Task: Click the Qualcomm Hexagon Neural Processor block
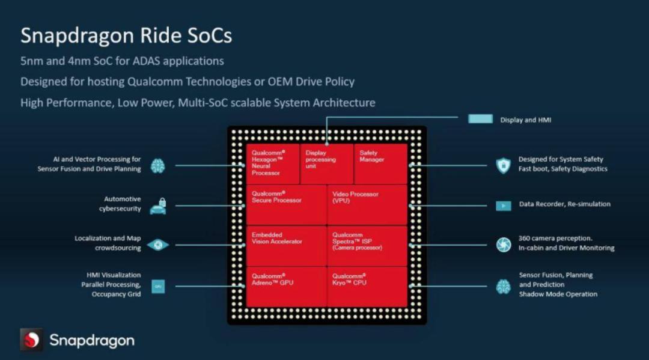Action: pyautogui.click(x=272, y=163)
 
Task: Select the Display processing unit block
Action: pyautogui.click(x=326, y=163)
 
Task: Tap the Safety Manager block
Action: pyautogui.click(x=380, y=163)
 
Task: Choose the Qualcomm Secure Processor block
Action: pyautogui.click(x=286, y=204)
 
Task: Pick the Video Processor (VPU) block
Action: pyautogui.click(x=367, y=204)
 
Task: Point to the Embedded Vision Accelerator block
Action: pyautogui.click(x=286, y=245)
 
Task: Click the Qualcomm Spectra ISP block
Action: pyautogui.click(x=367, y=245)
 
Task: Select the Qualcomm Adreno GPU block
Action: pyautogui.click(x=286, y=287)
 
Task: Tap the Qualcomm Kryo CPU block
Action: pyautogui.click(x=367, y=287)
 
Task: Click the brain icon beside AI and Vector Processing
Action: pyautogui.click(x=157, y=165)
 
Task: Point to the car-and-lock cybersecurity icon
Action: pyautogui.click(x=157, y=206)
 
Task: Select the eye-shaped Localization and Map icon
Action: pyautogui.click(x=157, y=245)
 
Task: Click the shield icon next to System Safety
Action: pyautogui.click(x=503, y=165)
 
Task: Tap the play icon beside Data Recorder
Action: pyautogui.click(x=503, y=206)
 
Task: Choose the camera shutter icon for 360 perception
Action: pyautogui.click(x=503, y=245)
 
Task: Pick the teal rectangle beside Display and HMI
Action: pyautogui.click(x=480, y=119)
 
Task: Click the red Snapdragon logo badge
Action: pyautogui.click(x=31, y=340)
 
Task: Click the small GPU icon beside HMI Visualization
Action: pyautogui.click(x=158, y=287)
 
